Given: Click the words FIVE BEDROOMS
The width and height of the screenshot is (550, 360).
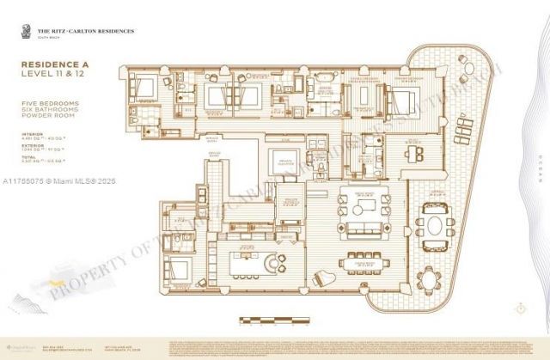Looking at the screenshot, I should (x=44, y=104).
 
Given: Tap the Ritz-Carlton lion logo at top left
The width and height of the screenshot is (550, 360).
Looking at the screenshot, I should (x=17, y=33).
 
